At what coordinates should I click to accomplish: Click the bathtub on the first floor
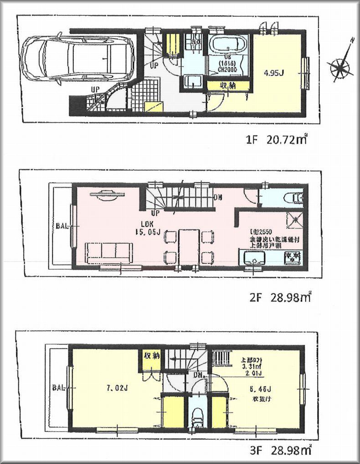[x=227, y=46]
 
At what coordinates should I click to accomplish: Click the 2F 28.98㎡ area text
[x=278, y=298]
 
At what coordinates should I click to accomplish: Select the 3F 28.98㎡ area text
[x=278, y=451]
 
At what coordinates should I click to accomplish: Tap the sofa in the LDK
[x=109, y=252]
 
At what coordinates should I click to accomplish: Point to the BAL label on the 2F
[x=63, y=225]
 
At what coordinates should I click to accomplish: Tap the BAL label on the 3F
[x=58, y=388]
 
